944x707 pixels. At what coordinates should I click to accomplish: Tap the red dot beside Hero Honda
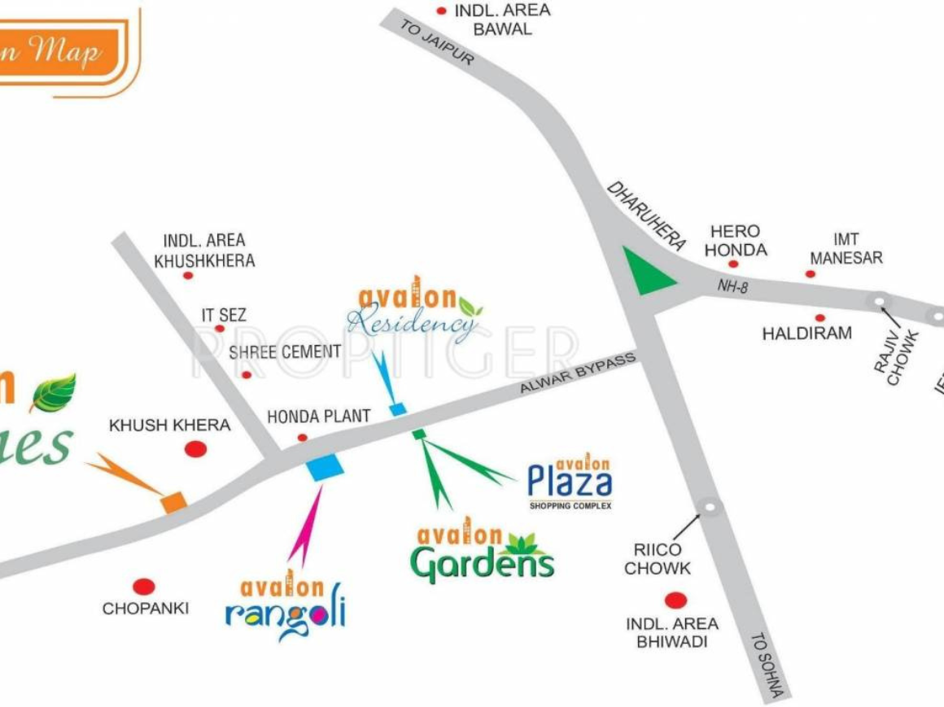[x=733, y=264]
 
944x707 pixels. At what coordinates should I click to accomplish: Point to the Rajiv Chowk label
[x=897, y=356]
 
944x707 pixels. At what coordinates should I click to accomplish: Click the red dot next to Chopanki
[x=144, y=586]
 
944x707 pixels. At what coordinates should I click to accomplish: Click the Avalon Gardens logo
[x=482, y=552]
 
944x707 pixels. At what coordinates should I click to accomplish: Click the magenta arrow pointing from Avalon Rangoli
[x=307, y=523]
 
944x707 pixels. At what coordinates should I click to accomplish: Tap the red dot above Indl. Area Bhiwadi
[x=675, y=600]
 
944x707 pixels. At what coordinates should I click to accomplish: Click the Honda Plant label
[x=319, y=416]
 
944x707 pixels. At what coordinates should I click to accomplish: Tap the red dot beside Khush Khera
[x=195, y=448]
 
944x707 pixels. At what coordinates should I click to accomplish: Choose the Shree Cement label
[x=285, y=351]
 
